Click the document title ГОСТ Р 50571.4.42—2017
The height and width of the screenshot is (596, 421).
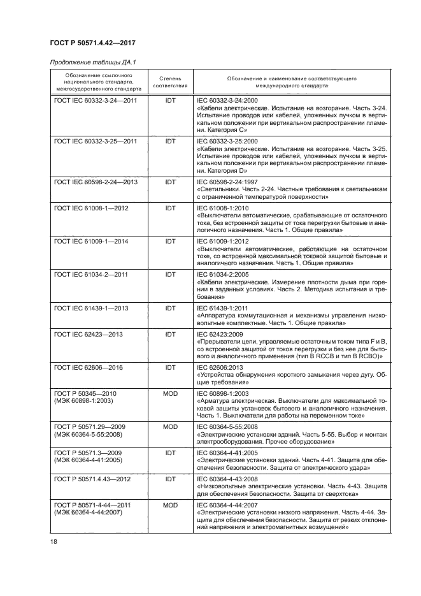(x=92, y=43)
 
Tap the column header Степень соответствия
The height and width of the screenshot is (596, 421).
(x=170, y=81)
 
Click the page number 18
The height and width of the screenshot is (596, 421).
(x=53, y=541)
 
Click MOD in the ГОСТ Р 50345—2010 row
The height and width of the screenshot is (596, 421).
(x=170, y=394)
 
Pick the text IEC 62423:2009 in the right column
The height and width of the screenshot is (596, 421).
(x=221, y=334)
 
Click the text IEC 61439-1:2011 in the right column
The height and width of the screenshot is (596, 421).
(x=224, y=308)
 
